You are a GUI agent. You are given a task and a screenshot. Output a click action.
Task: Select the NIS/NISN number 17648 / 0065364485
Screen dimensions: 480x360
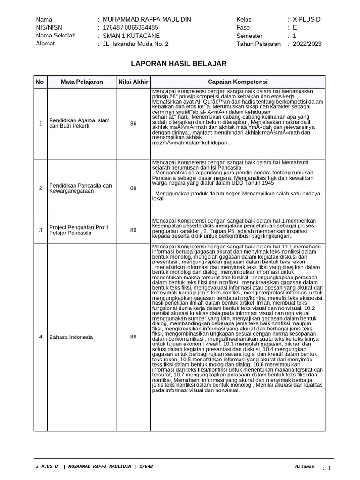click(130, 27)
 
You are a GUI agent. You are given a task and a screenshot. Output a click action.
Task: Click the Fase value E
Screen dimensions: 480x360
click(295, 27)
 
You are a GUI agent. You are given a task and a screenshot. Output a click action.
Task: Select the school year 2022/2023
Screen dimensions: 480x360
click(307, 44)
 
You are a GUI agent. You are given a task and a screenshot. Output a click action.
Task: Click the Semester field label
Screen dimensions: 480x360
click(250, 36)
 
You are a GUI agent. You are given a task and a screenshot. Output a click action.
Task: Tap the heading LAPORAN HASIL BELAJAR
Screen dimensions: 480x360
click(179, 63)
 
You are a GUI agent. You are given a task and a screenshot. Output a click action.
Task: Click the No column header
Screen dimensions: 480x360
click(40, 82)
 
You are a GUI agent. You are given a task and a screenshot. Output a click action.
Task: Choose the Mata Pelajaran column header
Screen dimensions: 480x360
click(82, 82)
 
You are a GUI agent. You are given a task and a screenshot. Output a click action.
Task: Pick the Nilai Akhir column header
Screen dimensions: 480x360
click(133, 82)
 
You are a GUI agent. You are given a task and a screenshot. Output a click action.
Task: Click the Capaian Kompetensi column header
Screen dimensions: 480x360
click(237, 82)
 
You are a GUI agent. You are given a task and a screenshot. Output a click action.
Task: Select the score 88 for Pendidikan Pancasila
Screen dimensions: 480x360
click(133, 188)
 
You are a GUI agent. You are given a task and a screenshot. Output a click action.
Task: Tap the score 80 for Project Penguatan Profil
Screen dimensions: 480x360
click(133, 230)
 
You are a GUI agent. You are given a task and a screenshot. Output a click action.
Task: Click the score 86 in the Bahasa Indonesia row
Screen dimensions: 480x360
click(133, 337)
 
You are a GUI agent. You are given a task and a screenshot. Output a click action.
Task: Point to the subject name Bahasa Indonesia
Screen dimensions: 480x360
click(71, 337)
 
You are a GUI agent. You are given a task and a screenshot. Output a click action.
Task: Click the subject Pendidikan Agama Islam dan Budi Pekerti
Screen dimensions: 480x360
click(80, 123)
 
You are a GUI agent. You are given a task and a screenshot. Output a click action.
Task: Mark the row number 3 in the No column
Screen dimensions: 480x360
click(40, 230)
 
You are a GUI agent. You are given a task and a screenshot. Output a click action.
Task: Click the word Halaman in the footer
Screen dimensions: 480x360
click(305, 467)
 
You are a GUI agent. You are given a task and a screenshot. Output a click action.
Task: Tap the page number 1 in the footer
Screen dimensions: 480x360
click(329, 468)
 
